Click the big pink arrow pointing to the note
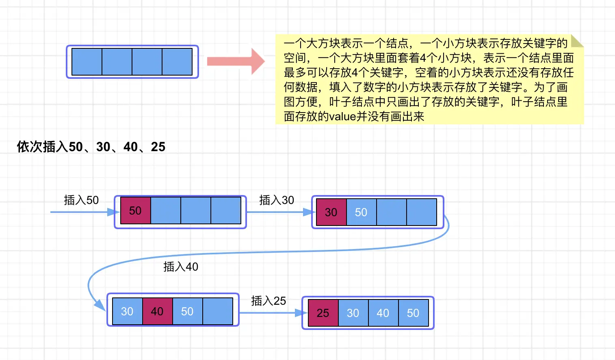pyautogui.click(x=236, y=61)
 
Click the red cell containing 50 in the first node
pyautogui.click(x=135, y=210)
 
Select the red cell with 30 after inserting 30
pyautogui.click(x=331, y=212)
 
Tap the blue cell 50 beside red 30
pyautogui.click(x=361, y=212)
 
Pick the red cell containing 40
pyautogui.click(x=157, y=311)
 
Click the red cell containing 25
pyautogui.click(x=323, y=313)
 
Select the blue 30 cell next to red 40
pyautogui.click(x=127, y=311)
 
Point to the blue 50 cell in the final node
pyautogui.click(x=413, y=313)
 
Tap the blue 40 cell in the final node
pyautogui.click(x=383, y=313)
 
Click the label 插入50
pyautogui.click(x=81, y=200)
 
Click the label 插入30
pyautogui.click(x=277, y=200)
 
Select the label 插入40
pyautogui.click(x=181, y=267)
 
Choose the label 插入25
pyautogui.click(x=269, y=301)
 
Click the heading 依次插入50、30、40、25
pyautogui.click(x=91, y=147)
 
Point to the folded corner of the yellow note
pyautogui.click(x=576, y=41)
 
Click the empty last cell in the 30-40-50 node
pyautogui.click(x=217, y=311)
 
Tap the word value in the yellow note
pyautogui.click(x=342, y=117)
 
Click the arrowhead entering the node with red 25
pyautogui.click(x=301, y=313)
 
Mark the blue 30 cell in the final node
pyautogui.click(x=353, y=313)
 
